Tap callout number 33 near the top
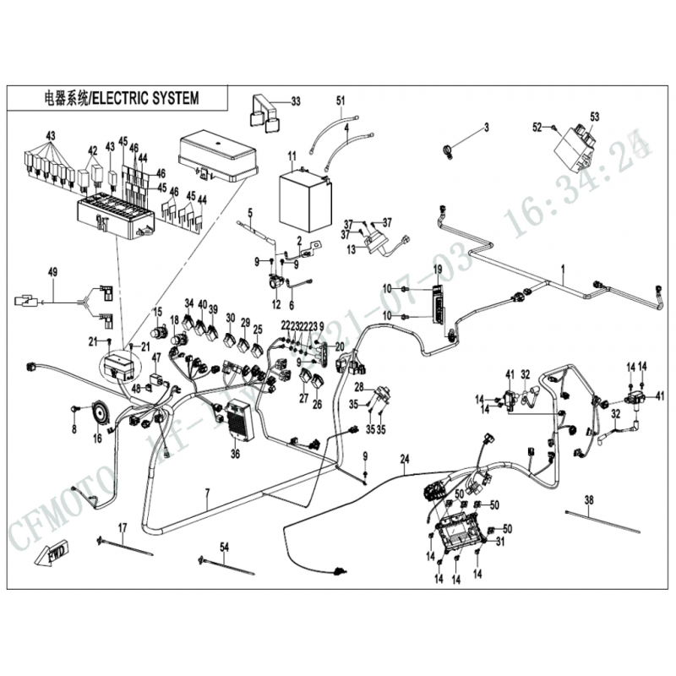click(x=296, y=101)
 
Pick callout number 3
click(x=486, y=128)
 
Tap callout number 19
click(x=439, y=269)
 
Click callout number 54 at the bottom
click(x=224, y=547)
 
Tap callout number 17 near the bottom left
click(x=122, y=528)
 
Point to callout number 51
click(x=341, y=101)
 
